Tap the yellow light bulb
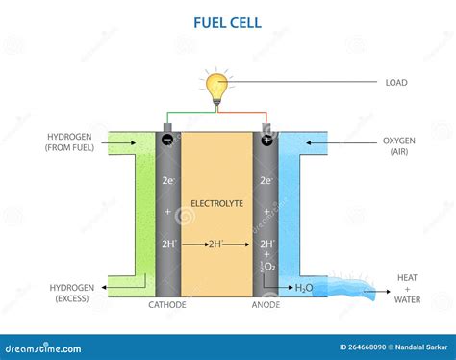click(x=215, y=84)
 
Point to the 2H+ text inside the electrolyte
click(x=219, y=244)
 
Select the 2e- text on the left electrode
click(x=168, y=180)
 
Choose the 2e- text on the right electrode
click(x=266, y=180)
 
